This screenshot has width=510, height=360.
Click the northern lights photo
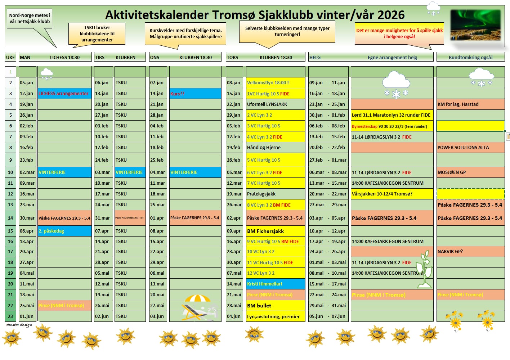pos(475,25)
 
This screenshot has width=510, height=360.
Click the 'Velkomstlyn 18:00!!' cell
pos(275,82)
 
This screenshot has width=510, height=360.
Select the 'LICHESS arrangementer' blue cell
pos(64,93)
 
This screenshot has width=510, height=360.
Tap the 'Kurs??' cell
pos(195,94)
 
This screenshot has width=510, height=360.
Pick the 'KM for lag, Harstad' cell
pos(470,104)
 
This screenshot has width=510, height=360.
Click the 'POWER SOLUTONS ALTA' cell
pos(470,147)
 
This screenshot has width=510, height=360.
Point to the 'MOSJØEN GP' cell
pos(470,172)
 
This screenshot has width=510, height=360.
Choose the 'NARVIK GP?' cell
pos(470,251)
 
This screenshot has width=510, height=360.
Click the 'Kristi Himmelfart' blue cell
pos(275,284)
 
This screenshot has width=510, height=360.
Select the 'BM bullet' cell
pos(275,306)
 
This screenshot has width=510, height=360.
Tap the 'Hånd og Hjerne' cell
pos(275,147)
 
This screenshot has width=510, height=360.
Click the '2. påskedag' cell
pos(64,231)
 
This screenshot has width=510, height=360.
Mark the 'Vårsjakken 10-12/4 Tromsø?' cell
pos(392,194)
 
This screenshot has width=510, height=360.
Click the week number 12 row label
pos(10,194)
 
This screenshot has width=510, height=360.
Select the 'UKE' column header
pos(10,57)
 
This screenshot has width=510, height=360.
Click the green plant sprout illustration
pos(424,270)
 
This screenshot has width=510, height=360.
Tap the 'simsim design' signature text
pos(19,325)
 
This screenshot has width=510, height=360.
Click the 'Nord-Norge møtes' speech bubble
pos(30,18)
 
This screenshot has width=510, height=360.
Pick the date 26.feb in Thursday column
pos(233,160)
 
